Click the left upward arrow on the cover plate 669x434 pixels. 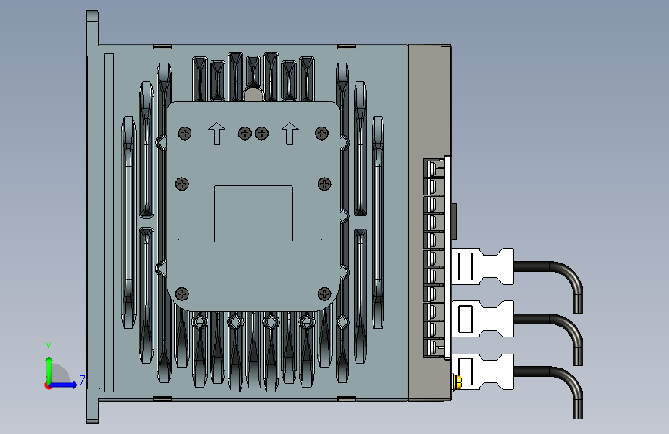pos(217,134)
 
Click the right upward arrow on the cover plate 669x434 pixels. pos(290,134)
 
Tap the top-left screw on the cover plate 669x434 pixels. pos(184,134)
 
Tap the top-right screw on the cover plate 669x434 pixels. pos(322,134)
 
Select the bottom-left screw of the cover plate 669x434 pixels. pos(182,294)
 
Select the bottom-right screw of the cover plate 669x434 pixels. pos(325,294)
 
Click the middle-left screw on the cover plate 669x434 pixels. pos(182,184)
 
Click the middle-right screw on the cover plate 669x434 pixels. pos(325,184)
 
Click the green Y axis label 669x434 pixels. pos(49,348)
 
